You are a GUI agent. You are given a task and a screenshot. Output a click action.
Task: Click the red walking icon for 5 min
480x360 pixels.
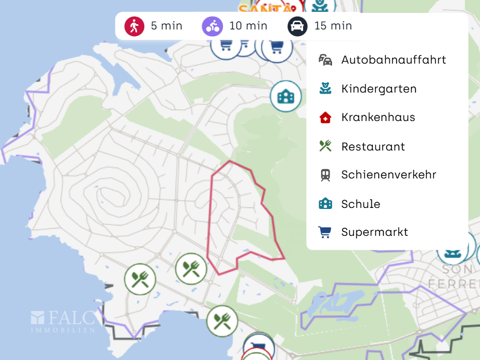134,26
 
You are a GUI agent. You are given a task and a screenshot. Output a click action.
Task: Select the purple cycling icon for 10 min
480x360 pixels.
212,26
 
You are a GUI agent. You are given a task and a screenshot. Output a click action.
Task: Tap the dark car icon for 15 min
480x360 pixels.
297,26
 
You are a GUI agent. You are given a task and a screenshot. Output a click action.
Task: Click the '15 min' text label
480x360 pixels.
333,26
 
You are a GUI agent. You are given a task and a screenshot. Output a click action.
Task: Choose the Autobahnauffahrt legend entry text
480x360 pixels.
394,59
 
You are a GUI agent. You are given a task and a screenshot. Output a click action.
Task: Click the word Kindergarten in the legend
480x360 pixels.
379,89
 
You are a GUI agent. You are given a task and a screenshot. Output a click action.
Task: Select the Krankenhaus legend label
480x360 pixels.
378,117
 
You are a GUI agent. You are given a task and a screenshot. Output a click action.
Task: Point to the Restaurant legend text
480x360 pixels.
373,147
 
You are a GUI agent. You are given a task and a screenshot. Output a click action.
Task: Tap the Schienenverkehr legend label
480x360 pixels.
388,175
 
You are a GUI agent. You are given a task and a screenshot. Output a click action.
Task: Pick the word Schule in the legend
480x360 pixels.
361,204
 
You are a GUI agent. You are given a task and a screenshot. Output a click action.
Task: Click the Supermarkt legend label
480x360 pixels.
374,232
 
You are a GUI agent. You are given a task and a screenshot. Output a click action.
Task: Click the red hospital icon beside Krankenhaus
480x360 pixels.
325,117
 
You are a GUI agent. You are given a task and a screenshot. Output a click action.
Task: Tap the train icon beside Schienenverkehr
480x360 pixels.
325,175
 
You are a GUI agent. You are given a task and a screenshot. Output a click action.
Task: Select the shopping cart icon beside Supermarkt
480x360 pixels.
325,232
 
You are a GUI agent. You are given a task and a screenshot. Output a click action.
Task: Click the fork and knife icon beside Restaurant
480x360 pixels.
325,146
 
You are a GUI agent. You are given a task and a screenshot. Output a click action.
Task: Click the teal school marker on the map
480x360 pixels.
286,96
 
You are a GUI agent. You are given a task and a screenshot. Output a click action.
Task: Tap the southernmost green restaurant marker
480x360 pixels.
222,321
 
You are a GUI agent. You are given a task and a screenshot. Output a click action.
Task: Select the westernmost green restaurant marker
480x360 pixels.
140,279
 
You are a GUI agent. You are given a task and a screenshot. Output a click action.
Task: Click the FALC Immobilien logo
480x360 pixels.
63,321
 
